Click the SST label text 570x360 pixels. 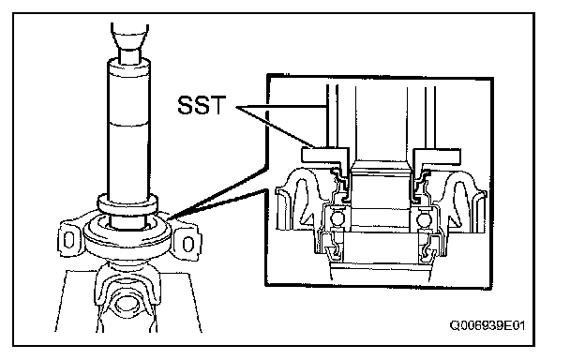(x=202, y=105)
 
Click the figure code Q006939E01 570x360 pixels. (x=487, y=325)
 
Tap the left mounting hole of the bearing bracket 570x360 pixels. (x=68, y=239)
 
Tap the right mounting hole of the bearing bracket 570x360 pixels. (x=187, y=244)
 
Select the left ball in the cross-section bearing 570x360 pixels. (x=337, y=219)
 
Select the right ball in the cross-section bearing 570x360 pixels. (x=423, y=219)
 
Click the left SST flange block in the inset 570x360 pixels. (x=324, y=156)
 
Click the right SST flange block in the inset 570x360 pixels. (x=437, y=156)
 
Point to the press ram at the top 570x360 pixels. (x=129, y=40)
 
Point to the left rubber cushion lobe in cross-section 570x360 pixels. (x=295, y=198)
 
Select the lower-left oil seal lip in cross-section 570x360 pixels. (x=333, y=251)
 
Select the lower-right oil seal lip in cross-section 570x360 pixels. (x=428, y=251)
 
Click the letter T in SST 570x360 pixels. (x=217, y=105)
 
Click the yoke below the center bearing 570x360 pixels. (x=127, y=291)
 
